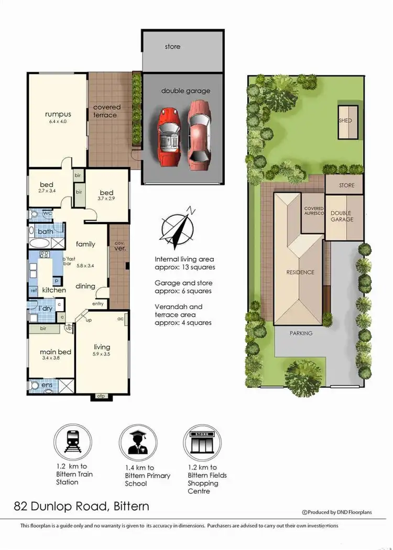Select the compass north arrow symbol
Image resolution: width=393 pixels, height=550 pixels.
pos(178,229)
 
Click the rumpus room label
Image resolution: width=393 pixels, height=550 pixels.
pos(58,114)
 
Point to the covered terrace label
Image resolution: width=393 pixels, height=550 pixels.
pos(107,111)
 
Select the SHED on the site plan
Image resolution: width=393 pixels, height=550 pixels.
pos(345,120)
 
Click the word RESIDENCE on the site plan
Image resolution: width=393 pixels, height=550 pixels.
pos(300,272)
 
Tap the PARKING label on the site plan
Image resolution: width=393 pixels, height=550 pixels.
pos(301,333)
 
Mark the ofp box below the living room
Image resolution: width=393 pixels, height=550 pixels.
pos(102,397)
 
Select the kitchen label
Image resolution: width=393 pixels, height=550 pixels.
pos(54,290)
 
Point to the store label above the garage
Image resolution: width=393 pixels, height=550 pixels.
pos(172,47)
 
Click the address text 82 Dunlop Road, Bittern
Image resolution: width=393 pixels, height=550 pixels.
pos(81,506)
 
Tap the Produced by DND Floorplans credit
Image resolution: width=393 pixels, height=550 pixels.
pos(337,512)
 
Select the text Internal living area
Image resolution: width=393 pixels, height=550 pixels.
pos(184,259)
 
